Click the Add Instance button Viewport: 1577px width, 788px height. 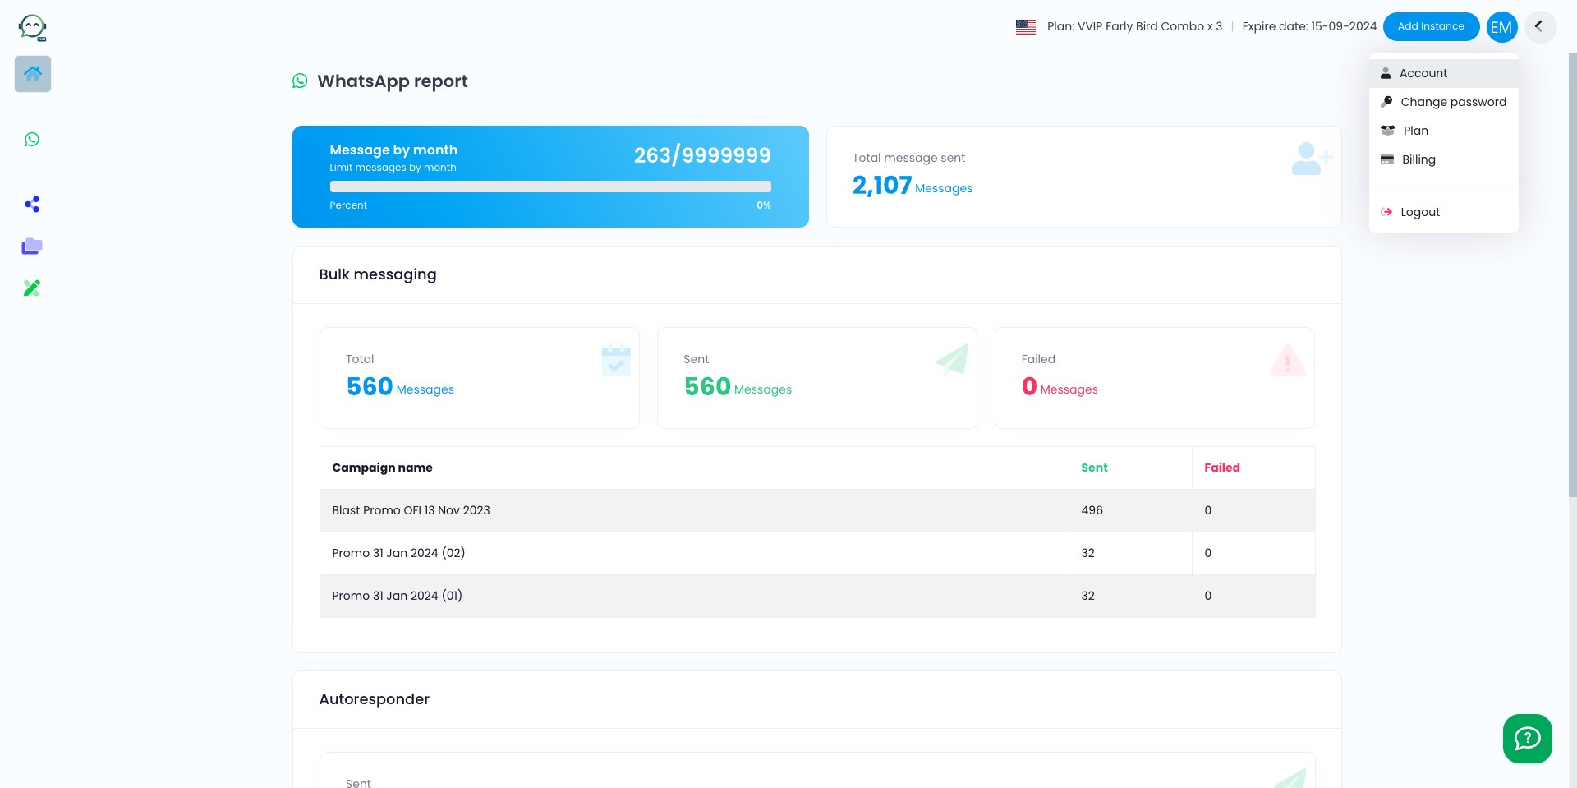point(1431,26)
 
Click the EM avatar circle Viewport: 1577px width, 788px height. point(1501,27)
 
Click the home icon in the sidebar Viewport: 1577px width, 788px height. point(33,74)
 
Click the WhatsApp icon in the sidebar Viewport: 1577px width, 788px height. point(32,140)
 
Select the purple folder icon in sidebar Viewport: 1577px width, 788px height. point(32,246)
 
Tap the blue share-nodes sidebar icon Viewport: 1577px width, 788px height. point(32,205)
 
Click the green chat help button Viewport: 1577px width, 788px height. point(1527,739)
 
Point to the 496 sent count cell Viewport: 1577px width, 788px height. point(1092,510)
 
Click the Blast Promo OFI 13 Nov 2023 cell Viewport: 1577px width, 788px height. point(411,510)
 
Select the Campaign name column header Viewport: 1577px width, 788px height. point(382,468)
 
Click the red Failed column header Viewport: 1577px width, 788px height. point(1221,468)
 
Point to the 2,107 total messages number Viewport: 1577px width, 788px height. point(882,185)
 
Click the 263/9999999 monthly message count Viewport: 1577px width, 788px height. point(702,155)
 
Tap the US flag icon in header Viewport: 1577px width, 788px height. point(1026,26)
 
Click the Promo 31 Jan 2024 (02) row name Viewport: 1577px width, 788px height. point(398,553)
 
